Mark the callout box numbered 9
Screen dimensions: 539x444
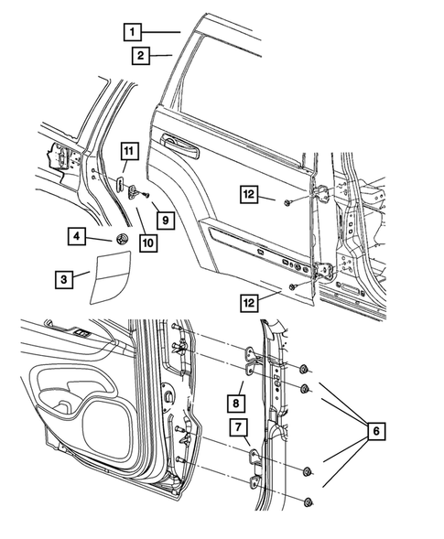pyautogui.click(x=164, y=220)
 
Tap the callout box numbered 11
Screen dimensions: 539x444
pyautogui.click(x=128, y=151)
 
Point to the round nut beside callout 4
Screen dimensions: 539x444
pyautogui.click(x=119, y=239)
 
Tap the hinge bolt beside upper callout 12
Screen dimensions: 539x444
pyautogui.click(x=287, y=200)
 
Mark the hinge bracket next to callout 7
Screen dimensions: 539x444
pyautogui.click(x=255, y=458)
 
